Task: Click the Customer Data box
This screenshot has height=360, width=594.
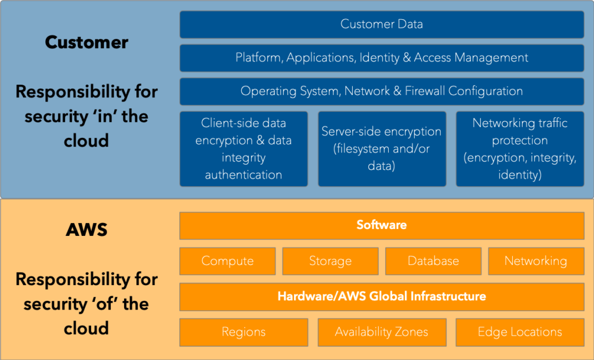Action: pyautogui.click(x=382, y=24)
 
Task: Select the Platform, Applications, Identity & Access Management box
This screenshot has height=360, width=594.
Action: pyautogui.click(x=382, y=58)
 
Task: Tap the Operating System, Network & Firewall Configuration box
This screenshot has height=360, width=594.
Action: pyautogui.click(x=382, y=92)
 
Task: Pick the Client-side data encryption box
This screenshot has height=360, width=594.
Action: pyautogui.click(x=244, y=149)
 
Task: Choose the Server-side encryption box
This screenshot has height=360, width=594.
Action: pyautogui.click(x=382, y=149)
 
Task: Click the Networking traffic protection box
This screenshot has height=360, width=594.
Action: pyautogui.click(x=520, y=149)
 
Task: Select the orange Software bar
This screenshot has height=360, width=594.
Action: pyautogui.click(x=382, y=226)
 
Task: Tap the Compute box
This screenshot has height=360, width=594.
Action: pyautogui.click(x=227, y=261)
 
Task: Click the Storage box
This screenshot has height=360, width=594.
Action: pyautogui.click(x=330, y=261)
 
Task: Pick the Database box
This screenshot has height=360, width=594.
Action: pyautogui.click(x=433, y=261)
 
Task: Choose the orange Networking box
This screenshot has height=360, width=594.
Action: pyautogui.click(x=535, y=261)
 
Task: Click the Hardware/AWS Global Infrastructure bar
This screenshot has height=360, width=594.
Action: pyautogui.click(x=382, y=297)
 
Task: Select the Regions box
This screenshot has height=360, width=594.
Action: pyautogui.click(x=244, y=332)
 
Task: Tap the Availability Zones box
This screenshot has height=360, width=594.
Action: pyautogui.click(x=382, y=332)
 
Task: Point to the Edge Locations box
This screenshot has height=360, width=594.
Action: pyautogui.click(x=520, y=332)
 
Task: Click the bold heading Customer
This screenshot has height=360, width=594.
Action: pyautogui.click(x=86, y=42)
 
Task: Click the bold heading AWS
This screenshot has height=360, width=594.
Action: pyautogui.click(x=86, y=230)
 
